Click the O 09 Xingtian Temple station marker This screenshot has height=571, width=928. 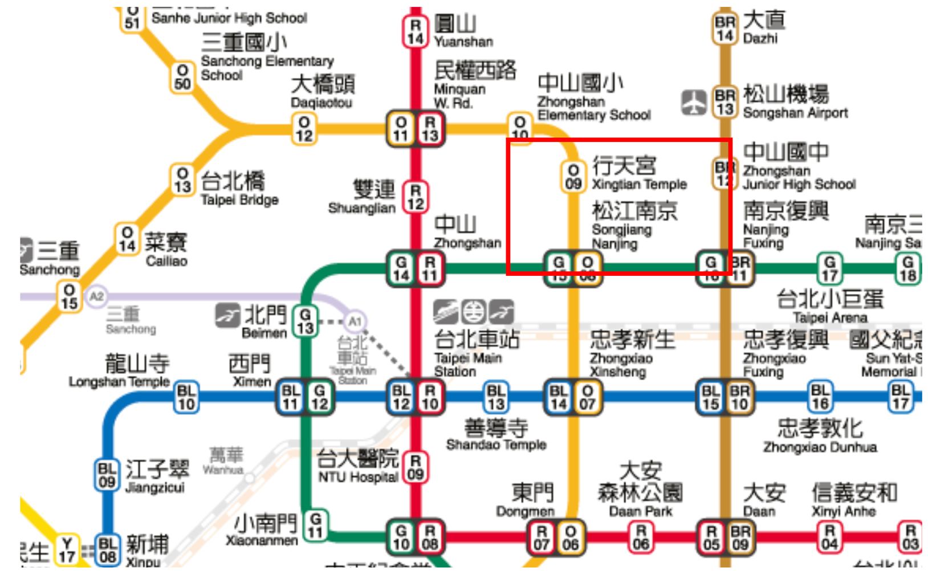pyautogui.click(x=573, y=177)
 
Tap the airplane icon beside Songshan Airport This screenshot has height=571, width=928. pyautogui.click(x=694, y=103)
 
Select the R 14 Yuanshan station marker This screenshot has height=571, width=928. pyautogui.click(x=415, y=32)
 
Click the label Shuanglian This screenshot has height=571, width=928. pyautogui.click(x=361, y=209)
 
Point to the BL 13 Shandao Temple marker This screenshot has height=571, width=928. pyautogui.click(x=495, y=397)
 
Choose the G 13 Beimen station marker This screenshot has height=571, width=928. pyautogui.click(x=305, y=321)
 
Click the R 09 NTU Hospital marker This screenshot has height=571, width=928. pyautogui.click(x=415, y=467)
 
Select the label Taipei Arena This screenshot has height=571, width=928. pyautogui.click(x=829, y=318)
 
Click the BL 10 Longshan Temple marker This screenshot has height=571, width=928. pyautogui.click(x=186, y=397)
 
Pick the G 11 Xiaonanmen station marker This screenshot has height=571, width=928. pyautogui.click(x=315, y=526)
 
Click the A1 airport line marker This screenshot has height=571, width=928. pyautogui.click(x=355, y=321)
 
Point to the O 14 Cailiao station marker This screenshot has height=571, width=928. pyautogui.click(x=127, y=239)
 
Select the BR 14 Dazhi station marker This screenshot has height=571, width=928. pyautogui.click(x=725, y=29)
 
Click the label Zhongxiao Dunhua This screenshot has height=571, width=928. pyautogui.click(x=820, y=447)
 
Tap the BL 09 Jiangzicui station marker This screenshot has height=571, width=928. pyautogui.click(x=107, y=475)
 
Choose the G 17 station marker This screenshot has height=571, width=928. pyautogui.click(x=829, y=268)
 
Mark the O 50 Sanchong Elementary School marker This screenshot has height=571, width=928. pyautogui.click(x=182, y=78)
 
